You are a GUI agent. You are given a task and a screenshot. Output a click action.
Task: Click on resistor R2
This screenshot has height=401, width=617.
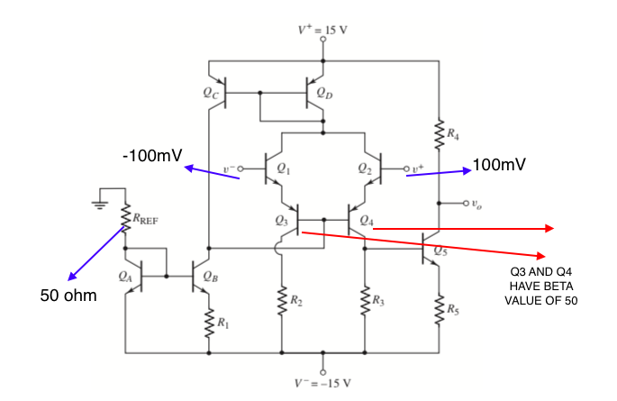point(282,300)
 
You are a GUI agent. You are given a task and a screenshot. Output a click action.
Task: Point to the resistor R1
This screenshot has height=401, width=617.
point(208,319)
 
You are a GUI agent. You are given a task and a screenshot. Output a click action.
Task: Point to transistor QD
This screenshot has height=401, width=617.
point(314,92)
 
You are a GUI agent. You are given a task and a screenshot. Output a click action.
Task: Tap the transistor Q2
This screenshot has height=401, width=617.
point(372,168)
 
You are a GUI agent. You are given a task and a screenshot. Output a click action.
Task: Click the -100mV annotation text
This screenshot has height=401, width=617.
point(151,157)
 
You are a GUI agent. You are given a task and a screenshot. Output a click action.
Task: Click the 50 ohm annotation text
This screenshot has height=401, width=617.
point(70,295)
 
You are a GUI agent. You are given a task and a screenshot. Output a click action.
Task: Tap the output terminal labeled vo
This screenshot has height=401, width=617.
point(469,203)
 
